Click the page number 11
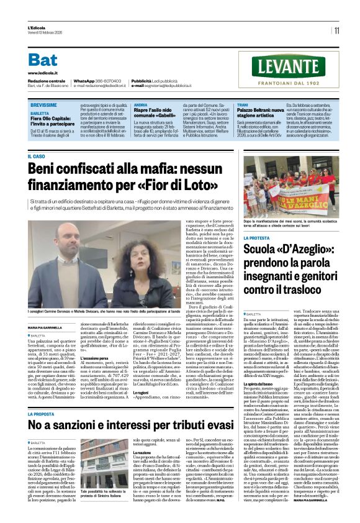(336, 30)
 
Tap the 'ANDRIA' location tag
(141, 106)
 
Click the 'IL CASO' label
(37, 157)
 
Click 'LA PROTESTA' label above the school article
(257, 238)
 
